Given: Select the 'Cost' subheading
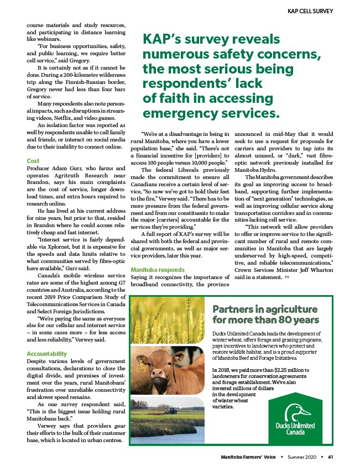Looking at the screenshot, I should [33, 161].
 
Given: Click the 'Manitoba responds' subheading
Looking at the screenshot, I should [158, 270].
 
